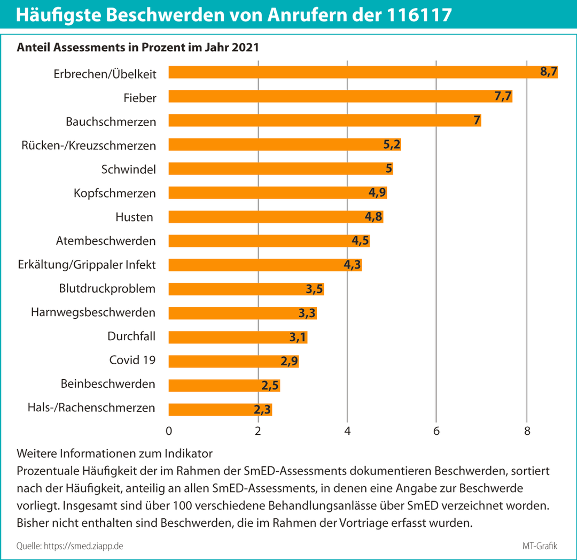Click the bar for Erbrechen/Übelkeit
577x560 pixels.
point(363,72)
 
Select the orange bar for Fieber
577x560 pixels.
point(340,96)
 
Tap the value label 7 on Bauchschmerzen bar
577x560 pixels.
point(477,120)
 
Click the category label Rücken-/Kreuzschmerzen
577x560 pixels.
point(89,145)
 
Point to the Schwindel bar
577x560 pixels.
point(280,169)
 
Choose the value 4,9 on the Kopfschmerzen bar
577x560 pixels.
point(377,193)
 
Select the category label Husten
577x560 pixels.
point(134,217)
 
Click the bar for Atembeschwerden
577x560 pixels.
point(269,241)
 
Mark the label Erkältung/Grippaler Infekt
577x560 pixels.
point(86,265)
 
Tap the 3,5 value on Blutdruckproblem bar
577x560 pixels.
point(315,289)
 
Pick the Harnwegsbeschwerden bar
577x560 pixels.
point(243,313)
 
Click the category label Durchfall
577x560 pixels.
point(131,337)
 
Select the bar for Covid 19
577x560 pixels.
point(233,361)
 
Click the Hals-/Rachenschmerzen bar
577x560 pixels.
point(221,409)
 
